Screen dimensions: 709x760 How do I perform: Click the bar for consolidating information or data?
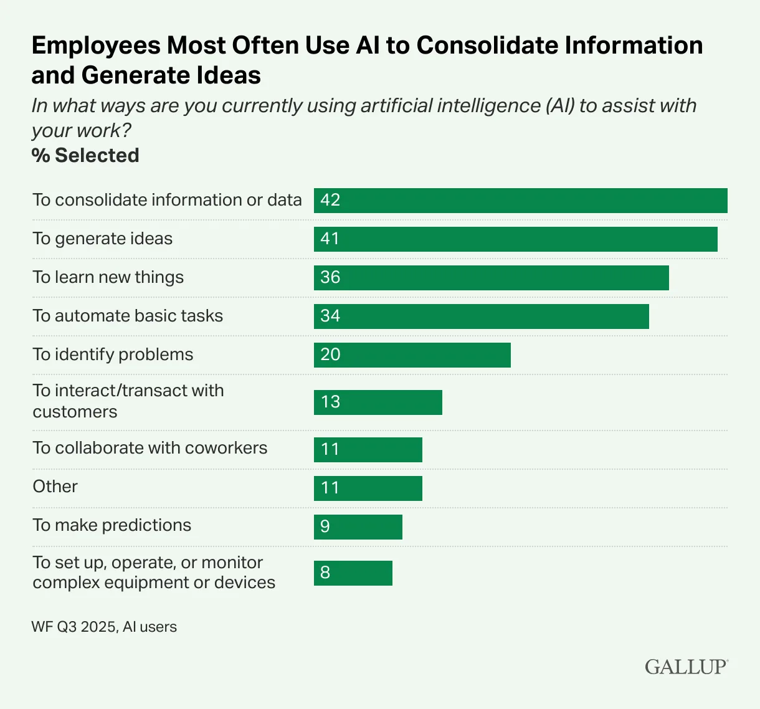click(520, 201)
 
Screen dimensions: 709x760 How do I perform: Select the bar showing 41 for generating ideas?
click(515, 239)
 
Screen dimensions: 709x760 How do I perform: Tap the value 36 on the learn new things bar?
click(330, 277)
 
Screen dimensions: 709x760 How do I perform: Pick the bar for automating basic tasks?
click(481, 316)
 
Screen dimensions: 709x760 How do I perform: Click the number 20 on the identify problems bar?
click(330, 354)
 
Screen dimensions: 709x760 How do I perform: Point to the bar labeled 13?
click(378, 402)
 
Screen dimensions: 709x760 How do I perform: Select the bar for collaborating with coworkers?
click(368, 450)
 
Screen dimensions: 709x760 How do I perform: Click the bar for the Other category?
click(368, 488)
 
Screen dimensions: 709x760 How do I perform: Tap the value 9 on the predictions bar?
click(325, 527)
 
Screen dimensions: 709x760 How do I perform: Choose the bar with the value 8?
click(353, 573)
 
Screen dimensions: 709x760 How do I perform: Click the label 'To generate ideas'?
click(103, 239)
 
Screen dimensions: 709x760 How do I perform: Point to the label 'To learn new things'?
click(108, 277)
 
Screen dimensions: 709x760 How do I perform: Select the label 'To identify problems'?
click(113, 354)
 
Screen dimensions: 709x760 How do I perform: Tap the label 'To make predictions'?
click(112, 525)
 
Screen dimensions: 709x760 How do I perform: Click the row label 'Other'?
click(55, 487)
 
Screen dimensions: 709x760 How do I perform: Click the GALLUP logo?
click(686, 667)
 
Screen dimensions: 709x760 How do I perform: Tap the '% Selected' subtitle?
click(85, 155)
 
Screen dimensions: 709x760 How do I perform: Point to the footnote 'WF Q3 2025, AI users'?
click(104, 627)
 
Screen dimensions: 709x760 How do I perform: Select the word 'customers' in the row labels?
click(75, 412)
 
